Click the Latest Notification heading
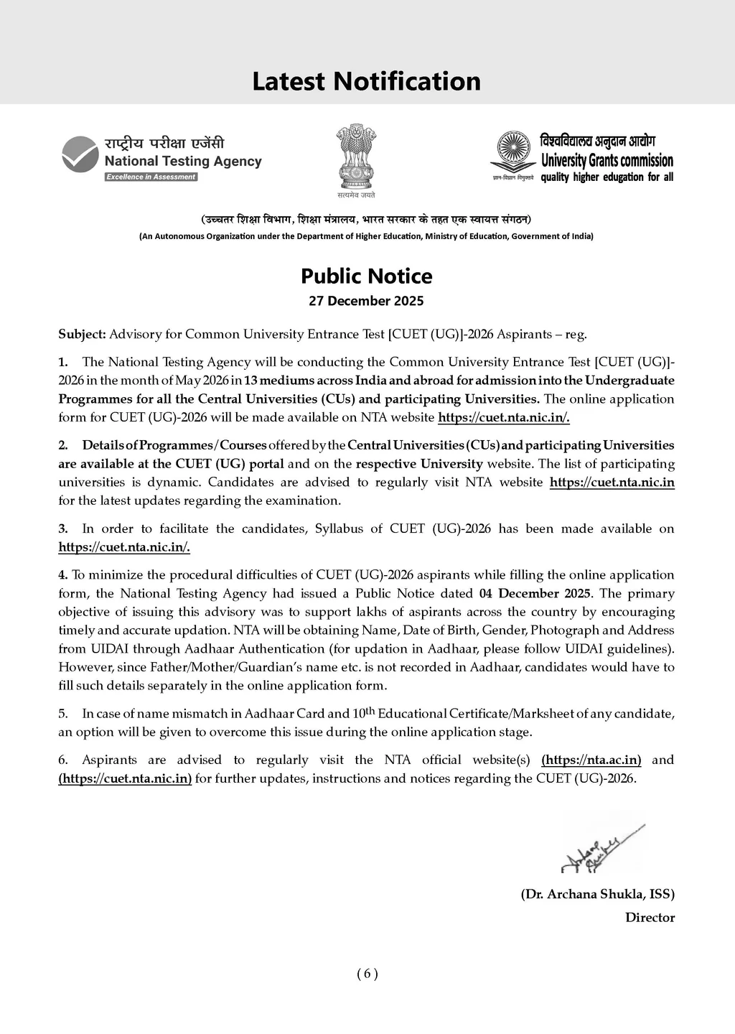[366, 81]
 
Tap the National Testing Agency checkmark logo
[80, 155]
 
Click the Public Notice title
[366, 276]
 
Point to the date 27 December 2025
[366, 301]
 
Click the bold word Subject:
[82, 334]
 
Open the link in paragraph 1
[503, 417]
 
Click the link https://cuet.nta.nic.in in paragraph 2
[612, 482]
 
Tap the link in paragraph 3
[124, 547]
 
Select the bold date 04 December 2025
[535, 593]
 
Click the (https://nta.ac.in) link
[591, 760]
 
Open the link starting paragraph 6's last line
[125, 778]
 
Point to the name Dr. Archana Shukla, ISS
[597, 894]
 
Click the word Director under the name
[650, 917]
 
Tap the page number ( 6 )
[367, 974]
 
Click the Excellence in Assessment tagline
[151, 177]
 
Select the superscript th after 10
[369, 711]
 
